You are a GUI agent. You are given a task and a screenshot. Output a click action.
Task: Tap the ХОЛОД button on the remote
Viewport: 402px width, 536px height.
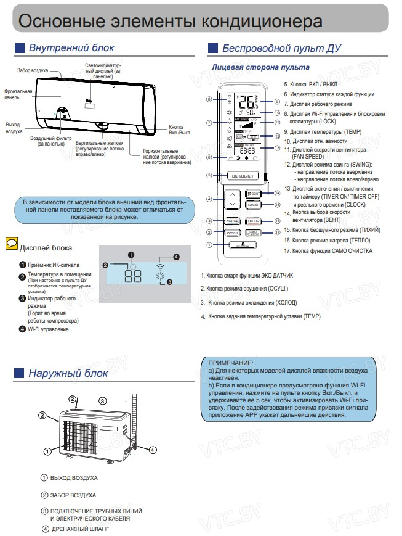[x=233, y=220]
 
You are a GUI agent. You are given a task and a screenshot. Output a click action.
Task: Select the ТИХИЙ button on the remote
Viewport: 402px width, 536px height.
[x=252, y=204]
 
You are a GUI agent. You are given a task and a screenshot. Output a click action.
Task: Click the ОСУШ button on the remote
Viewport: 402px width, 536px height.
[x=233, y=233]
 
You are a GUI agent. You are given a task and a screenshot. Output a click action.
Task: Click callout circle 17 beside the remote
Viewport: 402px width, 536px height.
[x=278, y=232]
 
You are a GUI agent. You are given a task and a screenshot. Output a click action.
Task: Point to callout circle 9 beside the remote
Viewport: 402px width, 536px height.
[x=278, y=102]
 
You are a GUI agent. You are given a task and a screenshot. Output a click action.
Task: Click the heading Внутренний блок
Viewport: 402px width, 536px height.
[x=71, y=48]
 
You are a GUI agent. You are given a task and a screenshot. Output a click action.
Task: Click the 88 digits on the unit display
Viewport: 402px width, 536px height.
[x=132, y=276]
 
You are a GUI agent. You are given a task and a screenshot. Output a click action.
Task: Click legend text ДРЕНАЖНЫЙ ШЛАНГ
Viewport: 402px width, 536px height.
[x=78, y=529]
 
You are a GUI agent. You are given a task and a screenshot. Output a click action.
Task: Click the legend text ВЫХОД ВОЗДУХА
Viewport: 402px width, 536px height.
[x=74, y=478]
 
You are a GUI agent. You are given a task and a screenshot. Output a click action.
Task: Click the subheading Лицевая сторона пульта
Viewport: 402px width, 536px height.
[x=260, y=67]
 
